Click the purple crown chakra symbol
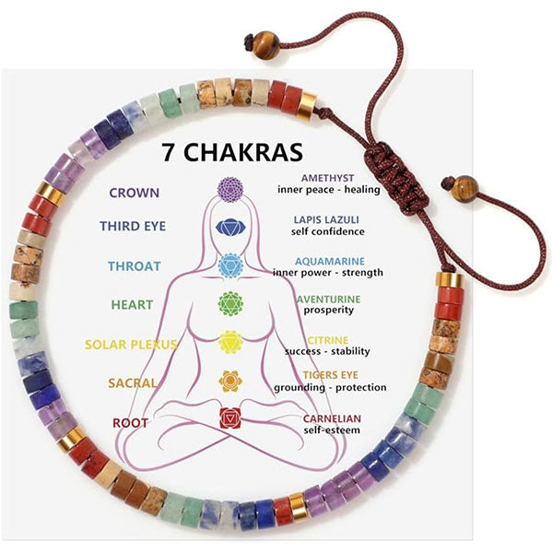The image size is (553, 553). click(x=230, y=190)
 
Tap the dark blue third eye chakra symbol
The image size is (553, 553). click(x=230, y=228)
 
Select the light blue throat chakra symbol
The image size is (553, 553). click(x=230, y=265)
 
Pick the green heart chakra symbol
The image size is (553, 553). click(x=230, y=303)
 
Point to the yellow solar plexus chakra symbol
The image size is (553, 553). click(x=230, y=342)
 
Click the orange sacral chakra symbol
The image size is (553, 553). click(x=230, y=381)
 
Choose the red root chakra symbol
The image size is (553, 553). click(x=230, y=418)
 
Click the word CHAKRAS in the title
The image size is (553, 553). click(x=243, y=152)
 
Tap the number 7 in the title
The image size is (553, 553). click(x=169, y=152)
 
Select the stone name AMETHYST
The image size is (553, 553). click(x=327, y=178)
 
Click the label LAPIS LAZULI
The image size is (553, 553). click(x=326, y=219)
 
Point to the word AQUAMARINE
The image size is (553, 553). click(x=330, y=262)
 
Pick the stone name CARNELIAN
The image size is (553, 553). click(x=332, y=418)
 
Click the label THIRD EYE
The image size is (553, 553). click(x=133, y=226)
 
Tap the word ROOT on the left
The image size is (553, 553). click(x=130, y=423)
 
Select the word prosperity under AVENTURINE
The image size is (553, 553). click(x=329, y=310)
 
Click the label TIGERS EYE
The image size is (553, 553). click(x=331, y=375)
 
